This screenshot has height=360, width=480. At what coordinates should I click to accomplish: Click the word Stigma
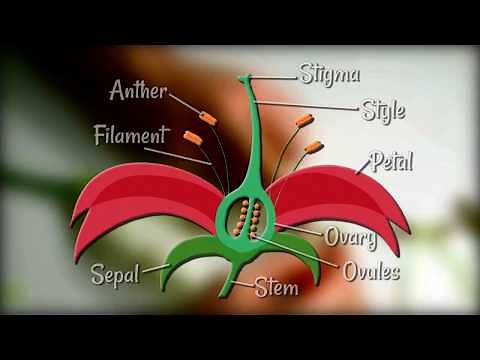331,73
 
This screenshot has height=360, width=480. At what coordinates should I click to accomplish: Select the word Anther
138,91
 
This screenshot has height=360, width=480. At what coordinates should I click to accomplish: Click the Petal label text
392,160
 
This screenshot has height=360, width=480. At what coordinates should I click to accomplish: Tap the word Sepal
114,273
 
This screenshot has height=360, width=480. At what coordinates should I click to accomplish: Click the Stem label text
277,288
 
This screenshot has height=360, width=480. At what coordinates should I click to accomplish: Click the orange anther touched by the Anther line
207,118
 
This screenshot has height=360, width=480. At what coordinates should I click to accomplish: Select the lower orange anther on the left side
190,134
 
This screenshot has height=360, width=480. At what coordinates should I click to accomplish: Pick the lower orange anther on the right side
314,148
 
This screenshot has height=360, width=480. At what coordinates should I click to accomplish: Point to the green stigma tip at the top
247,78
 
